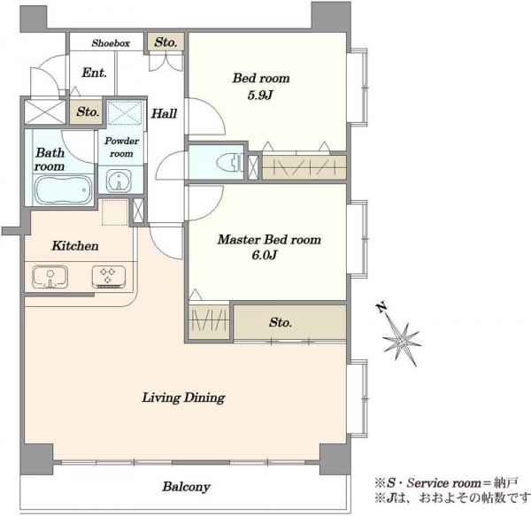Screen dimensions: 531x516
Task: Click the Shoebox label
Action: [111, 43]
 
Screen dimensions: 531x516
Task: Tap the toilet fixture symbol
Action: [229, 162]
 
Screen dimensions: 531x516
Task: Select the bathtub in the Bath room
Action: [63, 189]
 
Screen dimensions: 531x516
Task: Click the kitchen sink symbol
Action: [50, 277]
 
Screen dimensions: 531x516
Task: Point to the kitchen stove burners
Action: [108, 277]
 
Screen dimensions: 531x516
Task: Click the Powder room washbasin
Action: [119, 181]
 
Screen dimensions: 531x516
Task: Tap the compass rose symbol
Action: [402, 342]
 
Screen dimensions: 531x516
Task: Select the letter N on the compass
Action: [381, 307]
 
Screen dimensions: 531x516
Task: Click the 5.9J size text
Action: [260, 95]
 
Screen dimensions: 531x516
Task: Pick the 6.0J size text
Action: [264, 255]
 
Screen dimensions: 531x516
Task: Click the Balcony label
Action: [186, 487]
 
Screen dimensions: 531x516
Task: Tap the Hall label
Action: [164, 113]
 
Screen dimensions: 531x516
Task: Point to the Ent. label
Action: [94, 73]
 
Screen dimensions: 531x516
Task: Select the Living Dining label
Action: [183, 397]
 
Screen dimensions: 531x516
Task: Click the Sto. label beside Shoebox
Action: [166, 42]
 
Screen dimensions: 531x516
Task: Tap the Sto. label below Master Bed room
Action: [281, 322]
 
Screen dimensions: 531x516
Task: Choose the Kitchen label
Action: [75, 246]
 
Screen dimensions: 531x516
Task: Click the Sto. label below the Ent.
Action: [88, 112]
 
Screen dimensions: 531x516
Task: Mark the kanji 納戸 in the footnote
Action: [505, 482]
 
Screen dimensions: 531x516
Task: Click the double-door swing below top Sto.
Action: [166, 62]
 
